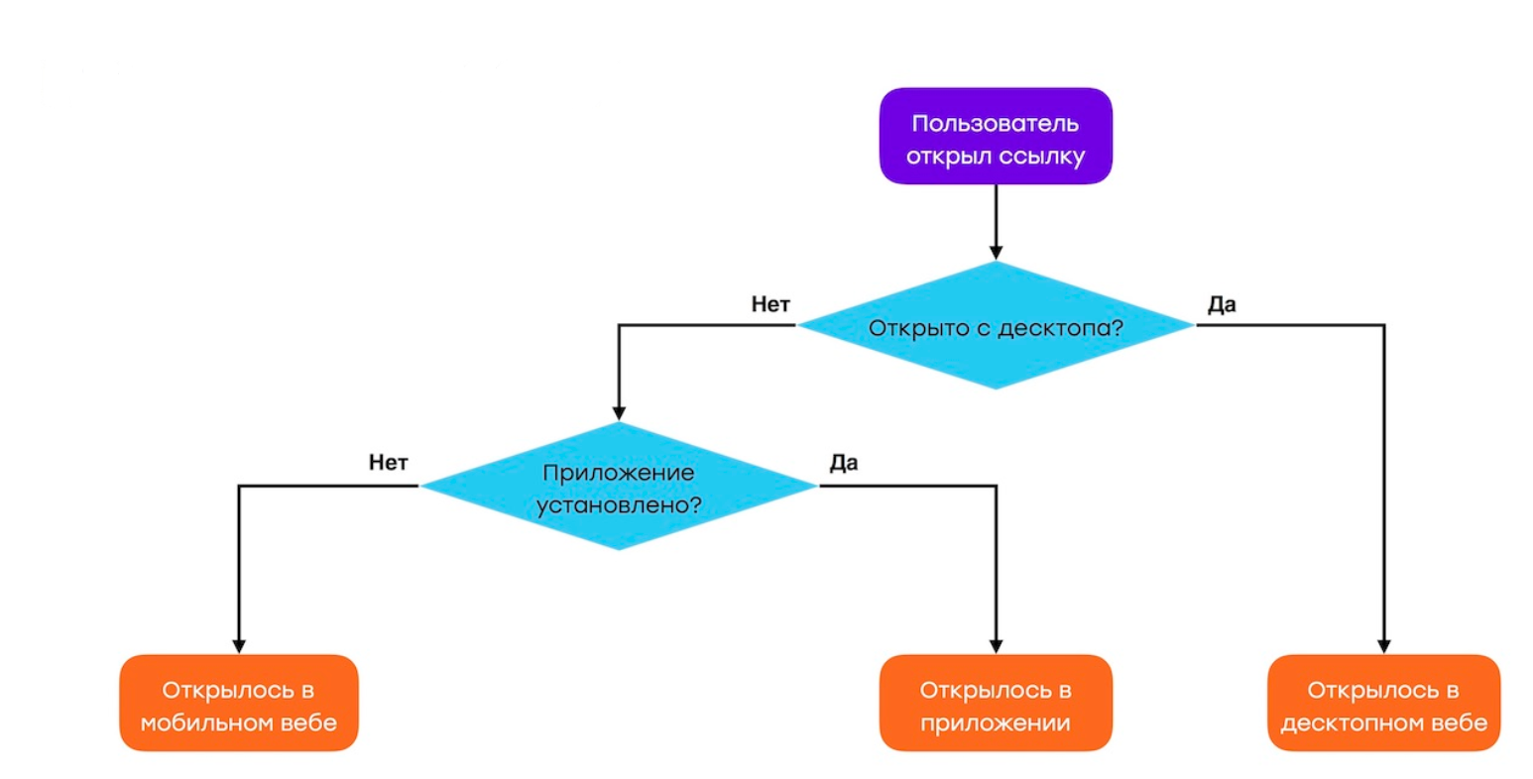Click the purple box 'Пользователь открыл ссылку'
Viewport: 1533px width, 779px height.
[x=996, y=136]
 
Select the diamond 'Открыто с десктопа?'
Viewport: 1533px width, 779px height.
[x=996, y=325]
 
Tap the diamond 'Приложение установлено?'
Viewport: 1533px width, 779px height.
[x=619, y=487]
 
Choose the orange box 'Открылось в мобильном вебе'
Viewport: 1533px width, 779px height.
[x=239, y=703]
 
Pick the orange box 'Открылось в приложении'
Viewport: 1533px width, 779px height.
[x=996, y=703]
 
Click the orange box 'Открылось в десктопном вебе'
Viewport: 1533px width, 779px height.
[x=1384, y=703]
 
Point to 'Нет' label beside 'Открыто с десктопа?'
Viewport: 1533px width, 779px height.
[x=770, y=304]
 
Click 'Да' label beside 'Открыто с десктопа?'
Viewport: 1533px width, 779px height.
[x=1222, y=304]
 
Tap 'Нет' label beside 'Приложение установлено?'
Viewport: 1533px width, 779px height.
[x=388, y=463]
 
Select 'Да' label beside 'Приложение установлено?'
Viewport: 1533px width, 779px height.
[x=844, y=463]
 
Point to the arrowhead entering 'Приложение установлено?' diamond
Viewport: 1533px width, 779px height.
[x=619, y=413]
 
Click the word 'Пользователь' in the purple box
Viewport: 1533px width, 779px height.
[x=996, y=124]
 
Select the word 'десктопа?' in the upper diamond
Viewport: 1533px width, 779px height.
[x=1060, y=329]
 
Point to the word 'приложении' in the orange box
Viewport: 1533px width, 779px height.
[x=996, y=723]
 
